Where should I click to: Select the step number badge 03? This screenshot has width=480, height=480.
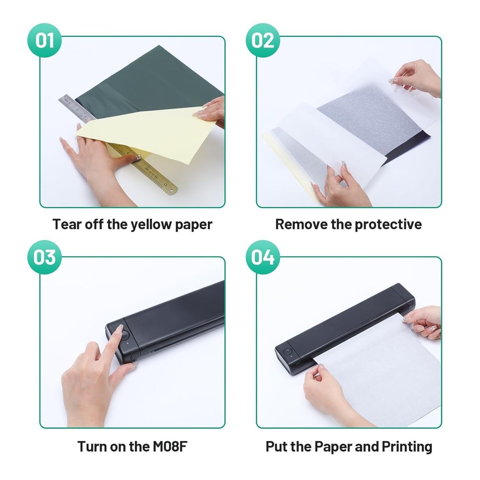pyautogui.click(x=44, y=258)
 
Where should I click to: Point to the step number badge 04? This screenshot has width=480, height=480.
pyautogui.click(x=263, y=258)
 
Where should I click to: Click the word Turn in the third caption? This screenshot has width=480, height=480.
pyautogui.click(x=94, y=447)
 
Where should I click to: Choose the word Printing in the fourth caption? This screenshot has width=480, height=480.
pyautogui.click(x=407, y=447)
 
